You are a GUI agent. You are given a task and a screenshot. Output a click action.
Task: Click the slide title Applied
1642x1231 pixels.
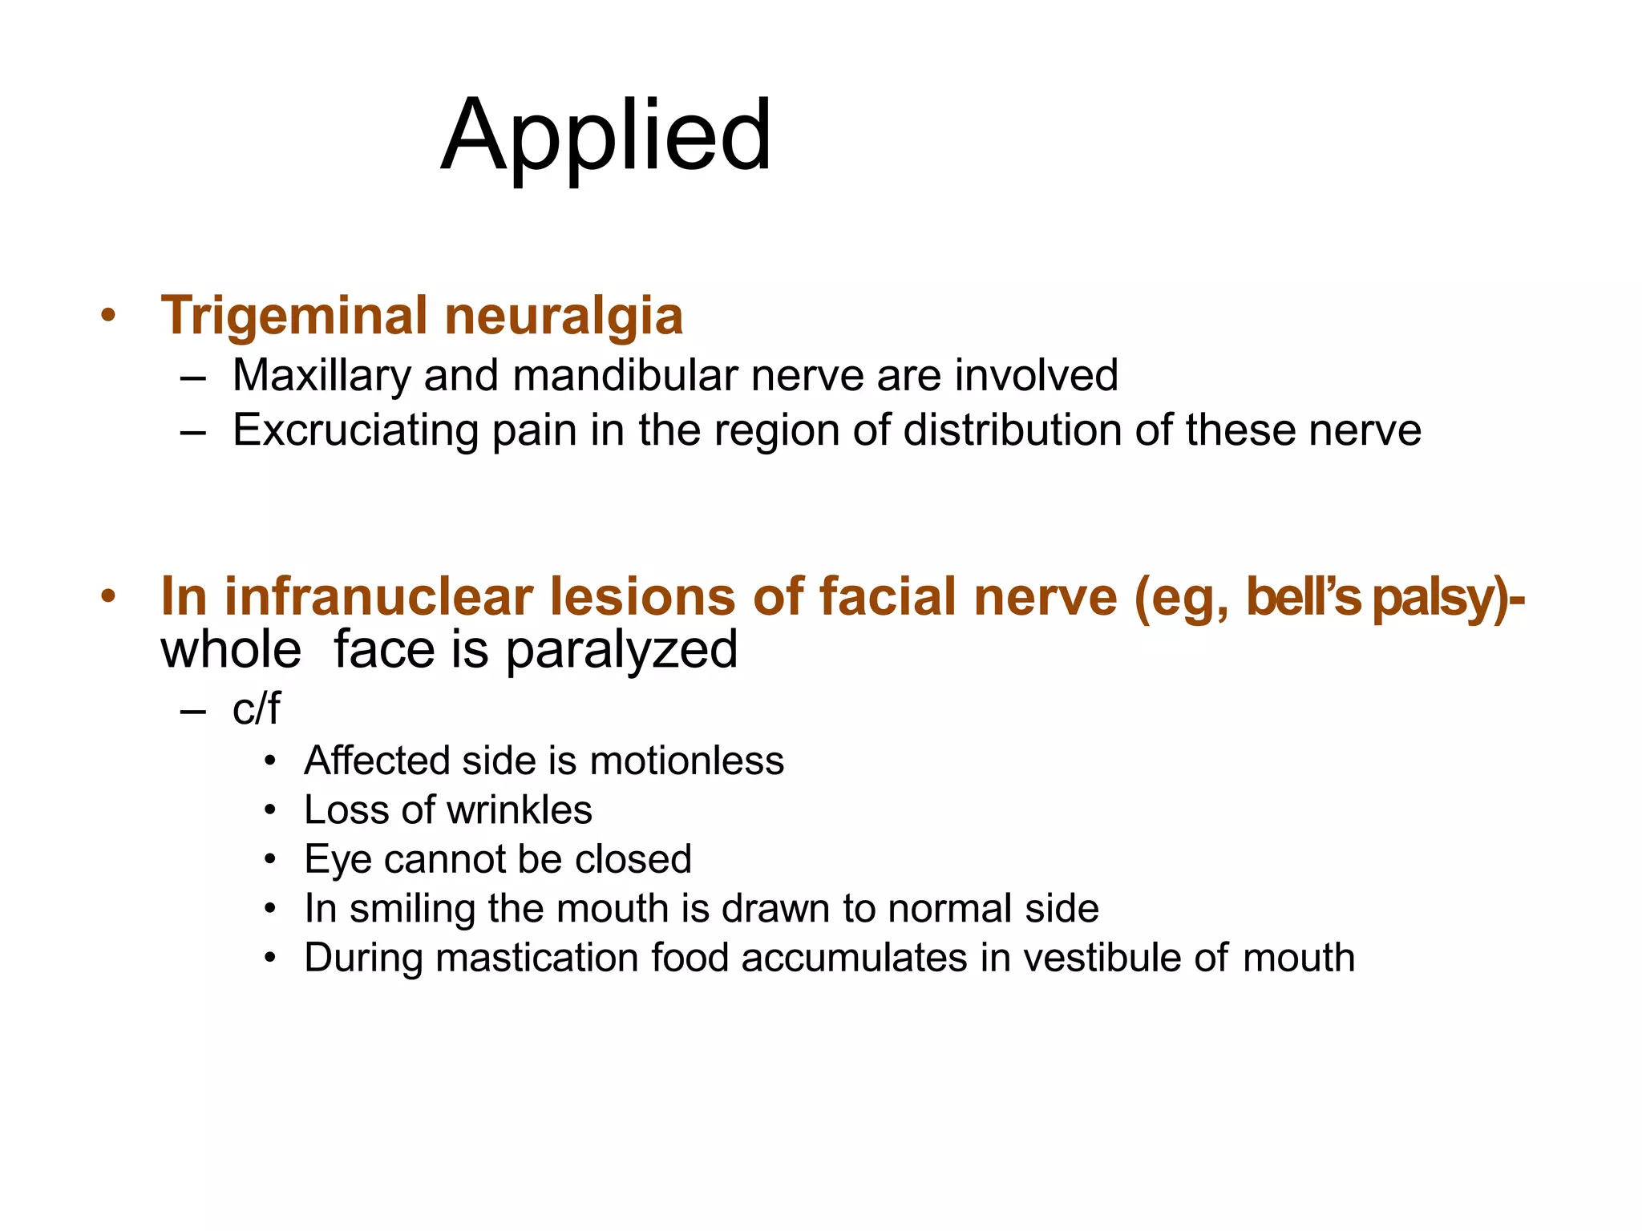click(606, 136)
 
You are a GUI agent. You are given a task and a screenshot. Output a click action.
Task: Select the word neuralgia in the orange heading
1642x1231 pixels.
click(564, 316)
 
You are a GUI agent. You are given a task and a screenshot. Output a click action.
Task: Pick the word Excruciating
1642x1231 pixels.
click(355, 430)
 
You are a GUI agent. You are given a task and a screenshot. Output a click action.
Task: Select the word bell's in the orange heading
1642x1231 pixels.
click(1304, 597)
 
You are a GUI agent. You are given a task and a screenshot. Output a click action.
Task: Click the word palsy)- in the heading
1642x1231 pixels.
click(1448, 597)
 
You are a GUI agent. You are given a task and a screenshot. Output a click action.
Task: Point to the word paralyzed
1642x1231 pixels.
click(621, 649)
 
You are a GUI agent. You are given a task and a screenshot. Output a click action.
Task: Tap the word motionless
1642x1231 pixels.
click(686, 761)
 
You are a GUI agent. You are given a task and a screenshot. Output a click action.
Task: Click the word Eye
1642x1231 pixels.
click(338, 859)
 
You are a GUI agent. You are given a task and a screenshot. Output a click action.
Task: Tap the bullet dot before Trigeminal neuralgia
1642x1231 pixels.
click(108, 316)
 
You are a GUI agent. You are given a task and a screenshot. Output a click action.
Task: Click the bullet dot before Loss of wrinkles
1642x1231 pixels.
click(271, 810)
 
